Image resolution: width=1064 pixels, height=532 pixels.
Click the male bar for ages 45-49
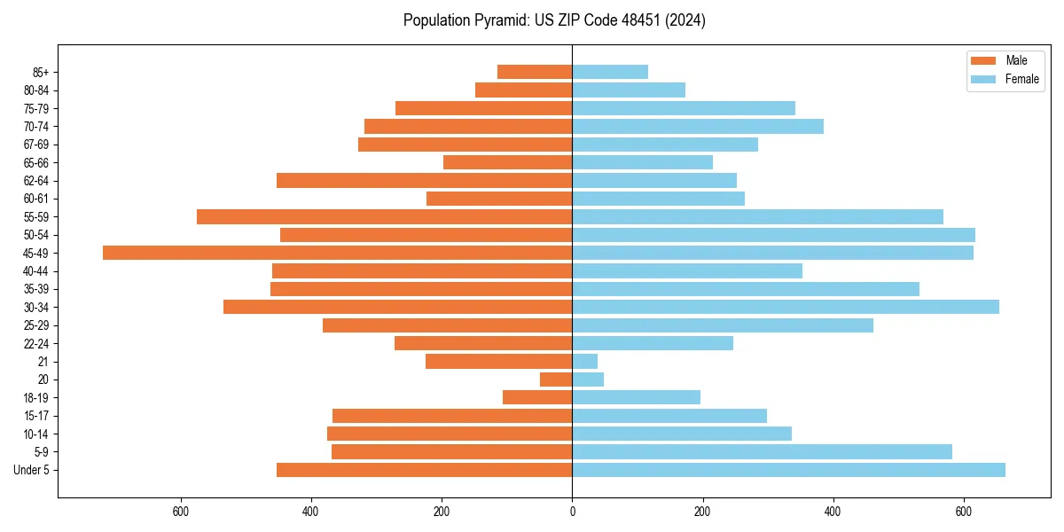pos(337,253)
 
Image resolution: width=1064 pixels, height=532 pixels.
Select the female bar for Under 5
pos(788,470)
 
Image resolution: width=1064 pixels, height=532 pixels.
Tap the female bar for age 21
pos(584,362)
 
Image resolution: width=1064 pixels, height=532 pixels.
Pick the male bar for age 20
pos(556,379)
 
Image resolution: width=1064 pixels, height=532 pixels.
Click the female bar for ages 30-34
pos(785,307)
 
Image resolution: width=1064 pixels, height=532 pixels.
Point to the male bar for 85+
pos(535,72)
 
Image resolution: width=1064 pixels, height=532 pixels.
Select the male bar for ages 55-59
pos(384,217)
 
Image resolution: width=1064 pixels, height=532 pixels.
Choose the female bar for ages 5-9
pos(762,452)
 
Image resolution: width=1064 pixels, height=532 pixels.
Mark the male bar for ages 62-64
pos(424,181)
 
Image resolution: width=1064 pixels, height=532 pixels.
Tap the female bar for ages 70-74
pos(697,126)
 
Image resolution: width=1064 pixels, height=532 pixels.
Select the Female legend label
pos(1021,79)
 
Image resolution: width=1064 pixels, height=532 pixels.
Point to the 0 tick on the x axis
pos(572,512)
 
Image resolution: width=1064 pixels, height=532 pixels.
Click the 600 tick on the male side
pos(181,512)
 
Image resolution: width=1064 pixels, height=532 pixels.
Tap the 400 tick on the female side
pos(833,512)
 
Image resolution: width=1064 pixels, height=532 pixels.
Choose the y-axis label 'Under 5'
pos(31,470)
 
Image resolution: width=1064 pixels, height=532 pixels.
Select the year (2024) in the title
pos(687,20)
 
